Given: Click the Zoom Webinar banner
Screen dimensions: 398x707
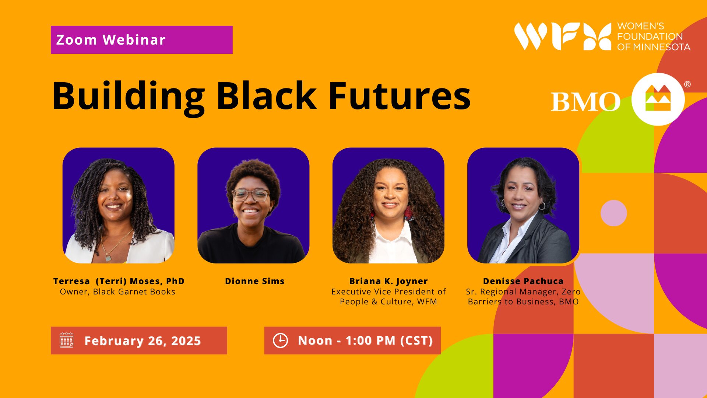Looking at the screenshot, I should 141,40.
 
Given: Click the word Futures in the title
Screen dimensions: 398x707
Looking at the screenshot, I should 399,97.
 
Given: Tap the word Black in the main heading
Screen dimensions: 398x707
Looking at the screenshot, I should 266,97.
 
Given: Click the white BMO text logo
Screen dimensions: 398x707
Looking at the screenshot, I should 585,102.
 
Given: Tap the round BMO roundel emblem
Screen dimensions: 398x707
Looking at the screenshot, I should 658,99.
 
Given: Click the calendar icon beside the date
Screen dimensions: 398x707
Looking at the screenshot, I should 67,340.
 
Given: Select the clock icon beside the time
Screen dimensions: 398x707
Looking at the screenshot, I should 280,340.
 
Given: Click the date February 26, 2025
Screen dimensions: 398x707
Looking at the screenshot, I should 143,341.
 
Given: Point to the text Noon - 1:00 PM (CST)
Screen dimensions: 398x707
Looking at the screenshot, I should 365,341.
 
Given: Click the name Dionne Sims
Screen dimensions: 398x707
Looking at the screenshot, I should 254,281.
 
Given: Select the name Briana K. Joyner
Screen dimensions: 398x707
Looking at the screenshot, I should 388,281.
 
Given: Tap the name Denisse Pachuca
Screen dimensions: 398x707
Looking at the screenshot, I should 523,281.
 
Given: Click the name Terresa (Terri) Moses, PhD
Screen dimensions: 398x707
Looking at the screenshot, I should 119,281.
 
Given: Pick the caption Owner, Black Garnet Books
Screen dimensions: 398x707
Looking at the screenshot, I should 117,292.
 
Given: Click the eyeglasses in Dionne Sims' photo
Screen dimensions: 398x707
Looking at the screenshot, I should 250,195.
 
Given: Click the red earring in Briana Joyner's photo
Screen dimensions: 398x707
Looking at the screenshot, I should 408,212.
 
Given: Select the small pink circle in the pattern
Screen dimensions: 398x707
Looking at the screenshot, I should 613,213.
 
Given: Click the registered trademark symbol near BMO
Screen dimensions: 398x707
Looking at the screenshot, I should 687,84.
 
